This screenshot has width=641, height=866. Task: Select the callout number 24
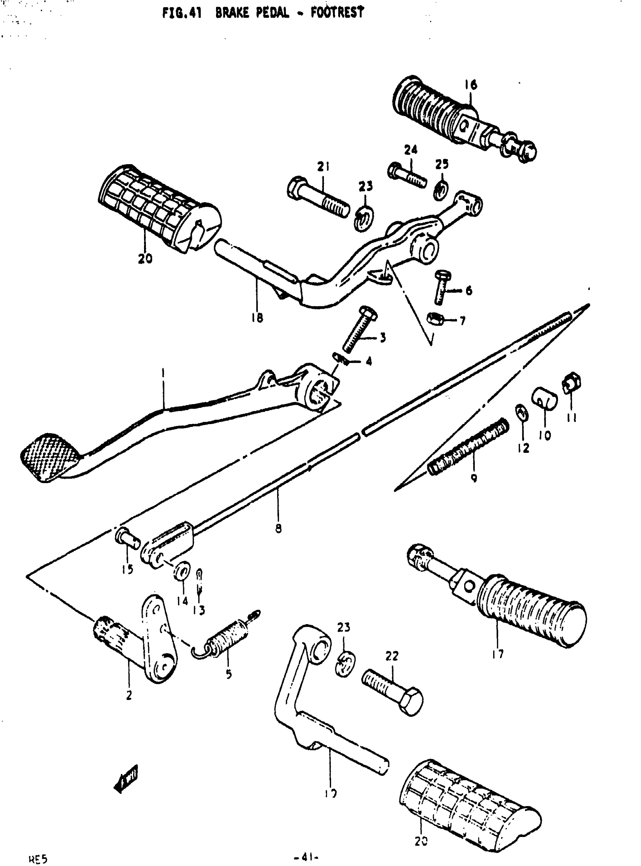click(411, 150)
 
